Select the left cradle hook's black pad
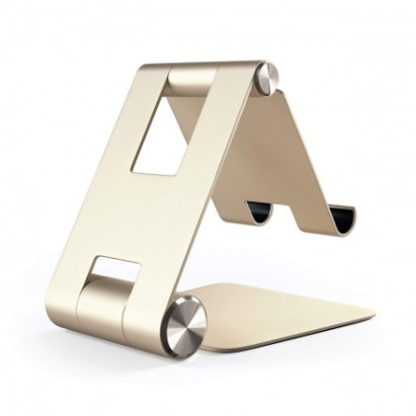tap(259, 212)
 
